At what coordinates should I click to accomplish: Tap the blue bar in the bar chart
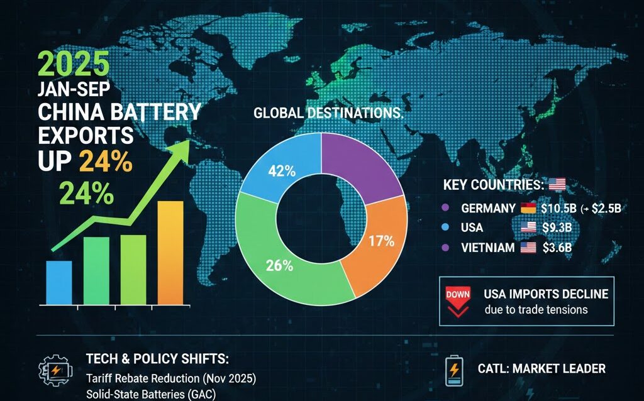pyautogui.click(x=59, y=282)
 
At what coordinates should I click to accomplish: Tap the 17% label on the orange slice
pyautogui.click(x=381, y=241)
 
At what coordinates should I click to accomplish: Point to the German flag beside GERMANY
pyautogui.click(x=527, y=209)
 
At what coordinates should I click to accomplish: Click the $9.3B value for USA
pyautogui.click(x=555, y=228)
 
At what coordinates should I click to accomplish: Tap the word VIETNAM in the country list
pyautogui.click(x=487, y=248)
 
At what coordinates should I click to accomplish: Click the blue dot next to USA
pyautogui.click(x=446, y=228)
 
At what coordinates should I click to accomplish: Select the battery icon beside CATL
pyautogui.click(x=453, y=370)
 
